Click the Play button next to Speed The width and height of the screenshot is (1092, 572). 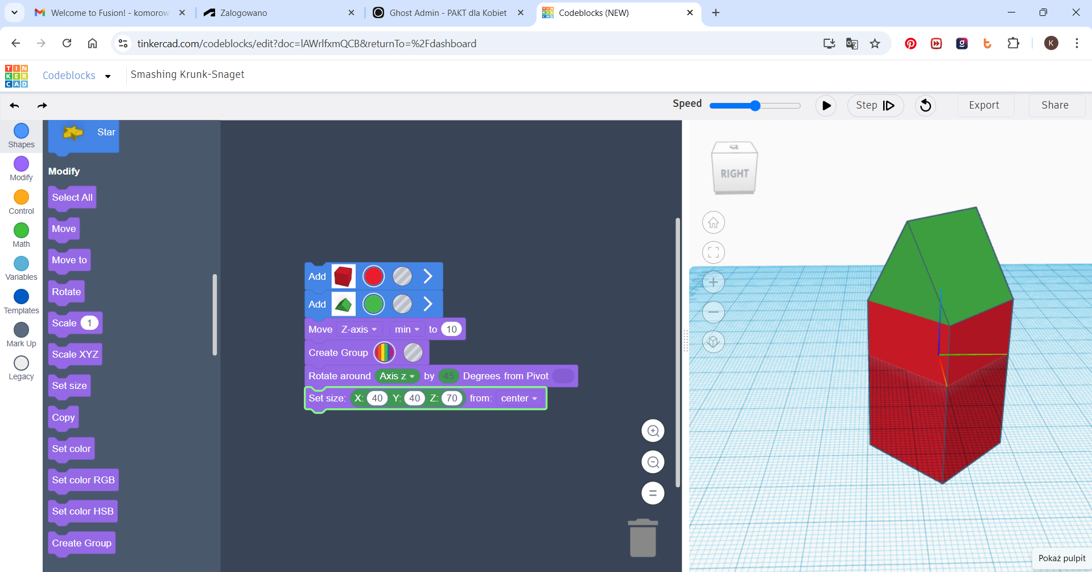point(826,105)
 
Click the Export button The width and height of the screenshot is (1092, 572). point(984,105)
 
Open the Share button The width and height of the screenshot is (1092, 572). point(1055,105)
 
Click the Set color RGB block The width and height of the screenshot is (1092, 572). point(83,480)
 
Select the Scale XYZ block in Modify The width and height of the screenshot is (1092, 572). point(75,354)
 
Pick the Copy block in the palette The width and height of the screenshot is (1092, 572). point(63,417)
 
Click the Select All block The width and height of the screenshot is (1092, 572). point(72,197)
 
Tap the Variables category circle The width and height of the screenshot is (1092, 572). point(21,263)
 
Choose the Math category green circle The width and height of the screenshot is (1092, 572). point(21,230)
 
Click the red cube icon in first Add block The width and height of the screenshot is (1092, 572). point(343,276)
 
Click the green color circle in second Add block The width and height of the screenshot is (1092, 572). point(373,304)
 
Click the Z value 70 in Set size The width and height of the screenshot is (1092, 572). point(452,398)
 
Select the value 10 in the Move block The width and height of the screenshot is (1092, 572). point(451,329)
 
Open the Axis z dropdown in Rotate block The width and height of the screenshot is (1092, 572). point(397,376)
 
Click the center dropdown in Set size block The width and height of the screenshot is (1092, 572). point(519,398)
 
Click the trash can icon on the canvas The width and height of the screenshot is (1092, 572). point(643,537)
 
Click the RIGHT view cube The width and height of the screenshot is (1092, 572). point(735,168)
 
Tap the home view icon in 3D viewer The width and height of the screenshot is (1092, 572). point(713,222)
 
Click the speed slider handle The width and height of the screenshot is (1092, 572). point(755,105)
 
